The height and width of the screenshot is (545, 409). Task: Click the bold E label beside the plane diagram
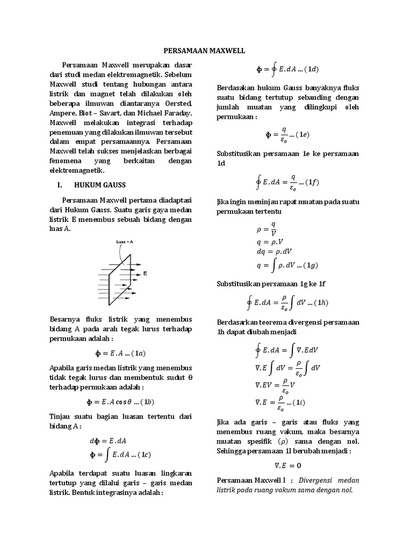point(145,273)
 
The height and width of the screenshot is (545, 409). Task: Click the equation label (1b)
point(144,401)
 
